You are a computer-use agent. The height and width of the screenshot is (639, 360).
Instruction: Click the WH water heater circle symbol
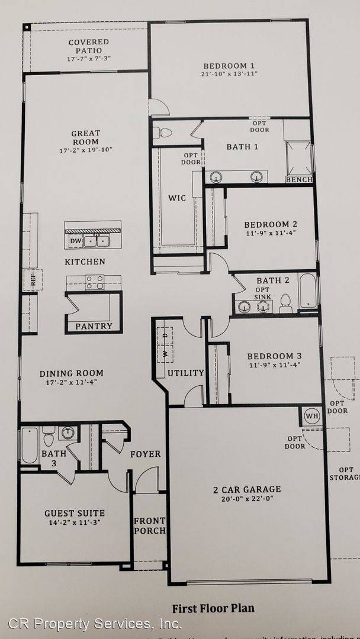coord(311,416)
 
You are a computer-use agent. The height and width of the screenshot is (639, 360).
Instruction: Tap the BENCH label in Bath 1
coord(298,179)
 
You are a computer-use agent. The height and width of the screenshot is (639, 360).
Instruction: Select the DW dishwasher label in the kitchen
coord(76,241)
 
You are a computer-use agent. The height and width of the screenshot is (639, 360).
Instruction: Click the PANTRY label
coord(94,326)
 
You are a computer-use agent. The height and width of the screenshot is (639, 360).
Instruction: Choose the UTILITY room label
coord(185,373)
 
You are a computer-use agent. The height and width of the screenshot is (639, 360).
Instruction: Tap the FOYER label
coord(145,454)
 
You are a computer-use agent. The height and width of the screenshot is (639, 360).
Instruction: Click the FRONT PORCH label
coord(149,525)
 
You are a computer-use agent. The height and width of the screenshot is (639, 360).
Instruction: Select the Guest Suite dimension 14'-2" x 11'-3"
coord(75,523)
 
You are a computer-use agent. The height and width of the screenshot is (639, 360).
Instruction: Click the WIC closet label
coord(177,198)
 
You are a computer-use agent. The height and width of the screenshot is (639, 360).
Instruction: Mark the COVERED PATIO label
coord(89,46)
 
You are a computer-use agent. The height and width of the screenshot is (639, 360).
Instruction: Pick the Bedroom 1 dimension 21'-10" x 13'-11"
coord(229,74)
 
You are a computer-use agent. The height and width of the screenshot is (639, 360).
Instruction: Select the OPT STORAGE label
coord(343,473)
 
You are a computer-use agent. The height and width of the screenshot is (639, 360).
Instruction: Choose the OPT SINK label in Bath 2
coord(262,292)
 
